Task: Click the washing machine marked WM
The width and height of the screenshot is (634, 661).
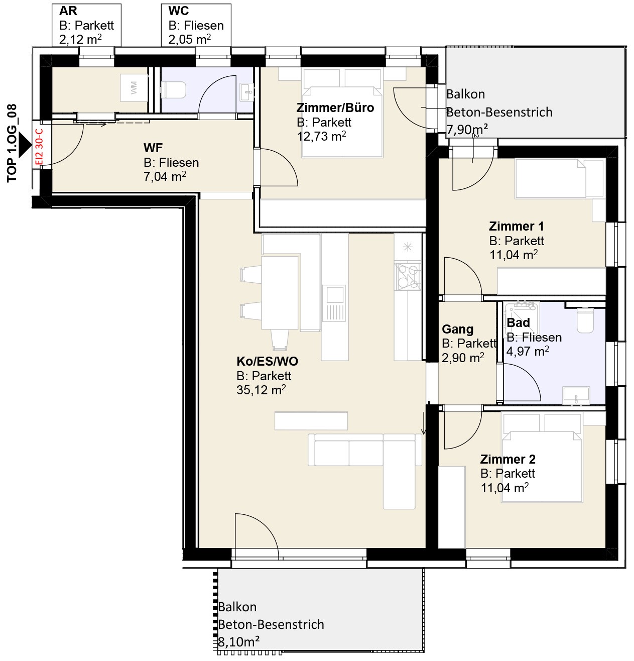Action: click(134, 87)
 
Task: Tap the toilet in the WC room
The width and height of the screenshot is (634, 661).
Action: click(173, 90)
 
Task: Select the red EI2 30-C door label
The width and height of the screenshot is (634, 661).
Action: click(40, 147)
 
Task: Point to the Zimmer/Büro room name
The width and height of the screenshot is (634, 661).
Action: click(335, 107)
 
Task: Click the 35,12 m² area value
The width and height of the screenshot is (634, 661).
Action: click(261, 390)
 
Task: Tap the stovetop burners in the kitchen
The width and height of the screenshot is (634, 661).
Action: click(408, 276)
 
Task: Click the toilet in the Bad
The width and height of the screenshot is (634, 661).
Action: click(585, 319)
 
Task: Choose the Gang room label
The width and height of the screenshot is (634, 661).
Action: click(457, 329)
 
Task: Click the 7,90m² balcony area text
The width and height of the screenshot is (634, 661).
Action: click(467, 130)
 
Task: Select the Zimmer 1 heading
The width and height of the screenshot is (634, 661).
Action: click(516, 226)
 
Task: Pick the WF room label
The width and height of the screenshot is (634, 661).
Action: click(153, 148)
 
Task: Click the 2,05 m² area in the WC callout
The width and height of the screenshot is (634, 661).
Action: click(189, 39)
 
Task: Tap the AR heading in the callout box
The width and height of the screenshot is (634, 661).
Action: click(68, 11)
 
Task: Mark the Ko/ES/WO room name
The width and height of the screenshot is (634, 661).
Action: click(267, 361)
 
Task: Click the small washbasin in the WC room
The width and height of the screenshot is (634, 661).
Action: click(247, 92)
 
